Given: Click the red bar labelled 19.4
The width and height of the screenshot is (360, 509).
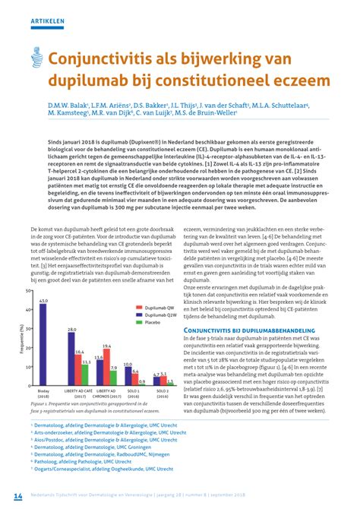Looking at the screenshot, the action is coord(106,368).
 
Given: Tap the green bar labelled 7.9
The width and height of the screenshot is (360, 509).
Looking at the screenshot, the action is coord(114,378).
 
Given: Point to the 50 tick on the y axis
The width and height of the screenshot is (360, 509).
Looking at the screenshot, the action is coord(29,292).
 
